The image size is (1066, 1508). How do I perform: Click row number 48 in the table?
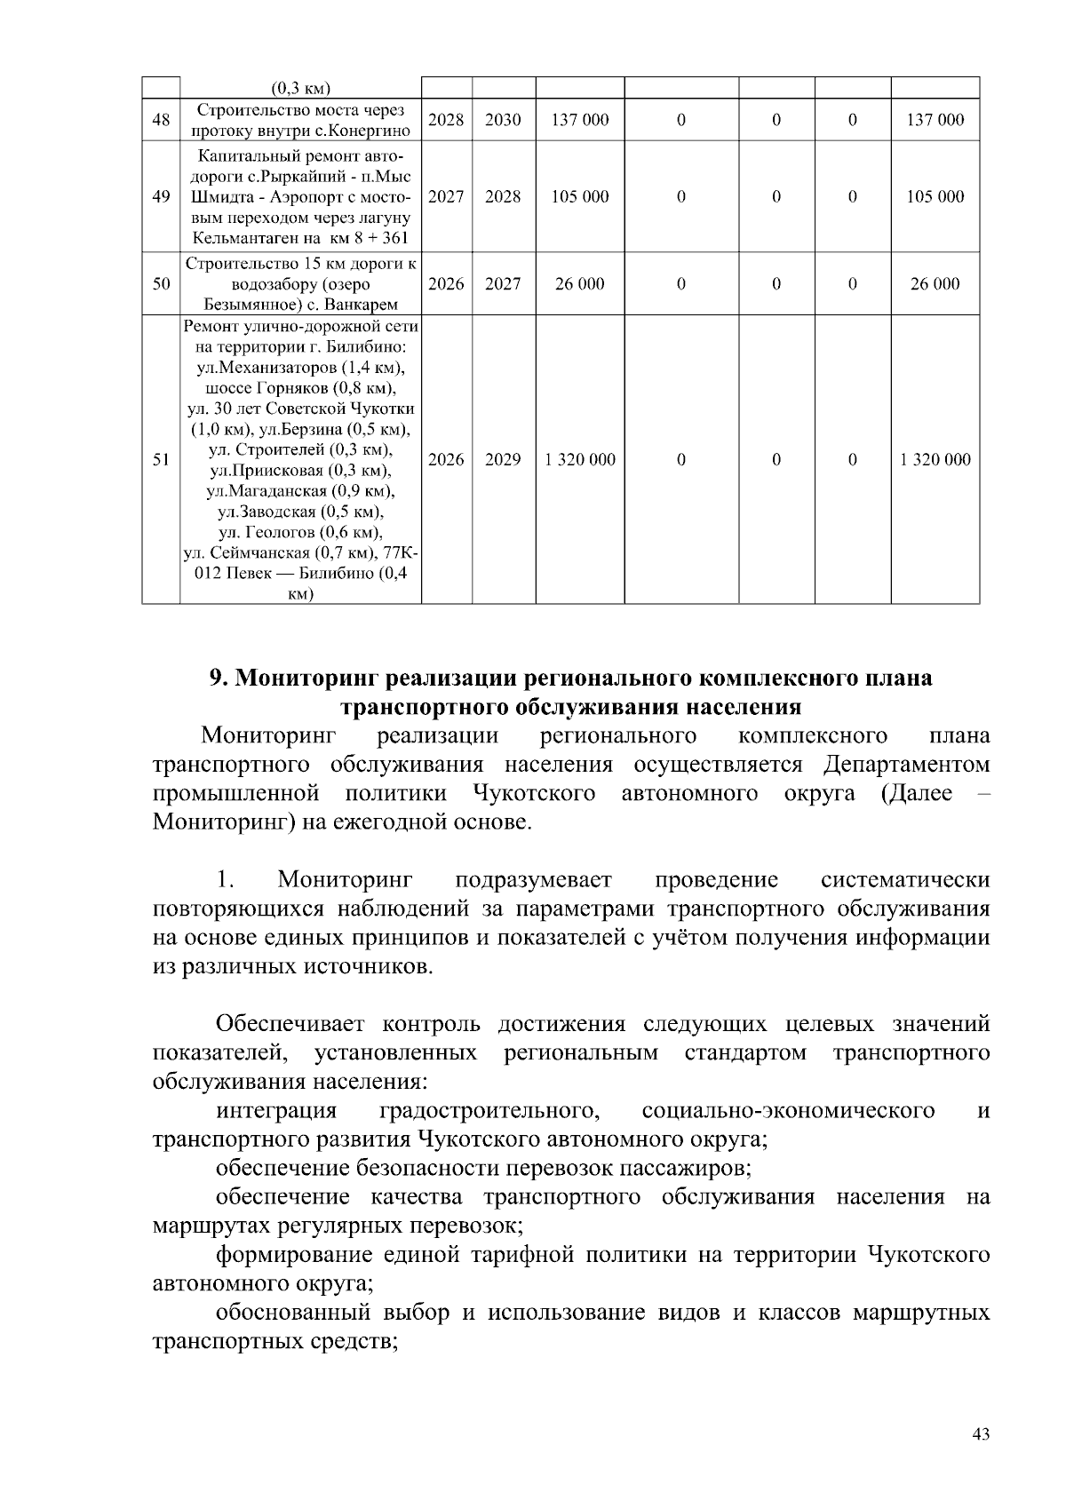(x=161, y=120)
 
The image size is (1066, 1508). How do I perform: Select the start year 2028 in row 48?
(x=446, y=120)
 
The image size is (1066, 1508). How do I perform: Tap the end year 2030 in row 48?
(x=503, y=120)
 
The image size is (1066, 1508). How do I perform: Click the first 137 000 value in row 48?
(x=580, y=120)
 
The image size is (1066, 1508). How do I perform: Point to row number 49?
(x=161, y=197)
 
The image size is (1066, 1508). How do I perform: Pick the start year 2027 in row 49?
(x=446, y=197)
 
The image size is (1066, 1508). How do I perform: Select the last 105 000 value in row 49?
(x=935, y=197)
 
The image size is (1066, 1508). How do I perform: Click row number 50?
(x=161, y=284)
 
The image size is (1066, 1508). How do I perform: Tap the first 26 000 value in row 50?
(x=580, y=284)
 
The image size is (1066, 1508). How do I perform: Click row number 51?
(x=161, y=460)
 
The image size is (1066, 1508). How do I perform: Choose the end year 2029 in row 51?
(x=503, y=460)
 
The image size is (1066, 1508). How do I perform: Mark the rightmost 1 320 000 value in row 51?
(x=935, y=460)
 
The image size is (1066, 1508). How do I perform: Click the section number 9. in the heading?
(x=219, y=679)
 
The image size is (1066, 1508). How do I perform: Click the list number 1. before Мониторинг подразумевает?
(x=225, y=881)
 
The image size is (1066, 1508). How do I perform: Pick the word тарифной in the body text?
(x=523, y=1256)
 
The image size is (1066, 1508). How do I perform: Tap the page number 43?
(x=981, y=1434)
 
